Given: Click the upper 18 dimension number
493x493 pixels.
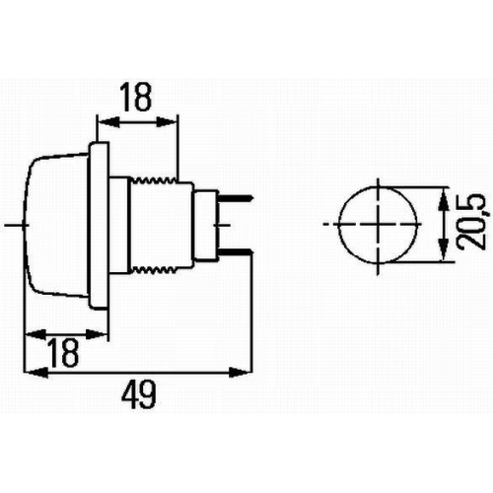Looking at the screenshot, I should [137, 99].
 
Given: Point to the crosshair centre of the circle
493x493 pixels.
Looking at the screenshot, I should [377, 225].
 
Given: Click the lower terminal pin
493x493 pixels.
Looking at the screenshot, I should [237, 253].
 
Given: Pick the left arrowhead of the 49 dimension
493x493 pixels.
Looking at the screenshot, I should [30, 372].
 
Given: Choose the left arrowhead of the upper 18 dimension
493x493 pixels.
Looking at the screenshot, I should [103, 123].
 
